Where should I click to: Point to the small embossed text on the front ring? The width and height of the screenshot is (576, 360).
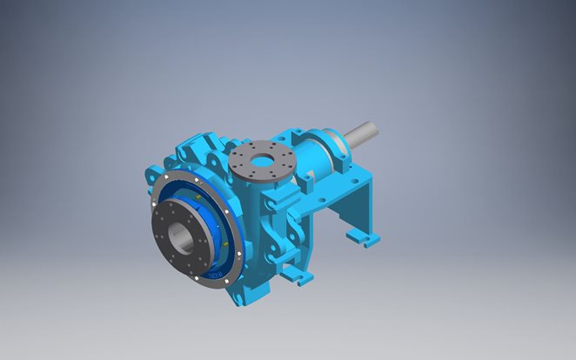tap(218, 277)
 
